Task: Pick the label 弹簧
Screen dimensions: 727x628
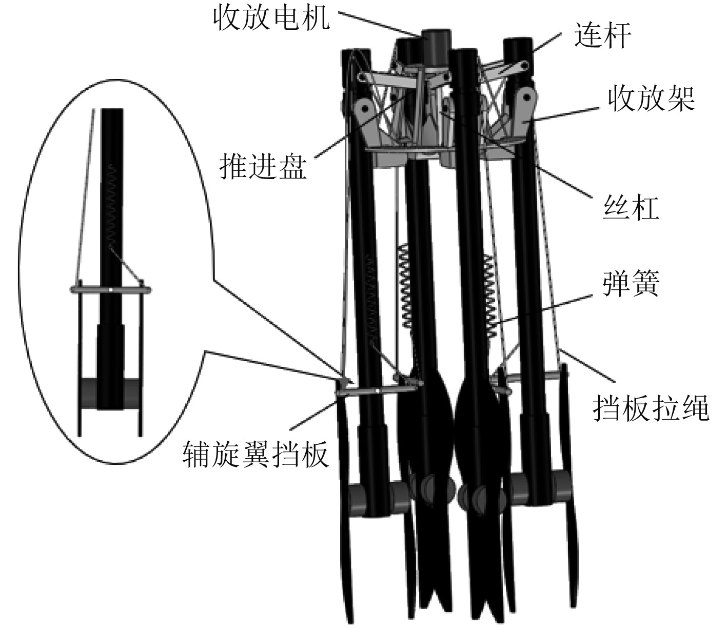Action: coord(631,283)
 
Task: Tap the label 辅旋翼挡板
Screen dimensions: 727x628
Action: coord(255,455)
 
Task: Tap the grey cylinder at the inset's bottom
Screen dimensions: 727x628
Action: coord(111,393)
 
